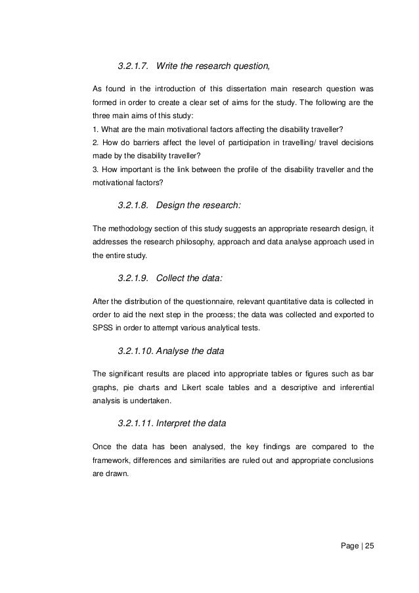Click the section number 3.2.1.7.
pos(135,66)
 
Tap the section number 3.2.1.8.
pos(135,206)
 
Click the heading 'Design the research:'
pos(199,206)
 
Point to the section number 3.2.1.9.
pos(135,278)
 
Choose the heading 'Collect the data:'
pos(190,278)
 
